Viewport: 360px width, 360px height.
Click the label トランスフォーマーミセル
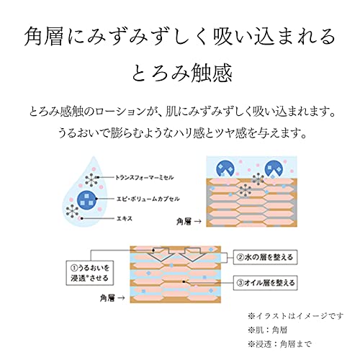(145, 178)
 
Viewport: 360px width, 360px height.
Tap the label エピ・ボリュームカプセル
(148, 199)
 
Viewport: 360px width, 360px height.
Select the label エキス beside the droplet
(124, 219)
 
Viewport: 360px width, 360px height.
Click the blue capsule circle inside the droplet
(87, 199)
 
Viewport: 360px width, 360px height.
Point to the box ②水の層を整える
(265, 257)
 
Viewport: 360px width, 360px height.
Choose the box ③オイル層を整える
(265, 283)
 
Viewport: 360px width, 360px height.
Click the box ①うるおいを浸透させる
(90, 273)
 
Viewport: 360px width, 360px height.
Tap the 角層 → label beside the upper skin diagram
(189, 222)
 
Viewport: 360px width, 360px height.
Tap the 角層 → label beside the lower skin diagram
(112, 298)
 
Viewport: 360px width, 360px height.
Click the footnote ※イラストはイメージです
(296, 316)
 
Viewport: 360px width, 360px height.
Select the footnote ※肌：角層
(268, 330)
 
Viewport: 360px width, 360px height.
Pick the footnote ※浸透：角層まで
(280, 344)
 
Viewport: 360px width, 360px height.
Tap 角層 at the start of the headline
(44, 37)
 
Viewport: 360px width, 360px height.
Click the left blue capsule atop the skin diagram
(226, 169)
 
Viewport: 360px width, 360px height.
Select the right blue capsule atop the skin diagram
(274, 169)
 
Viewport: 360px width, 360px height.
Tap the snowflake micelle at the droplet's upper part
(91, 179)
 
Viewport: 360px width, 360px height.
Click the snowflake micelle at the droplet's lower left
(72, 211)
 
